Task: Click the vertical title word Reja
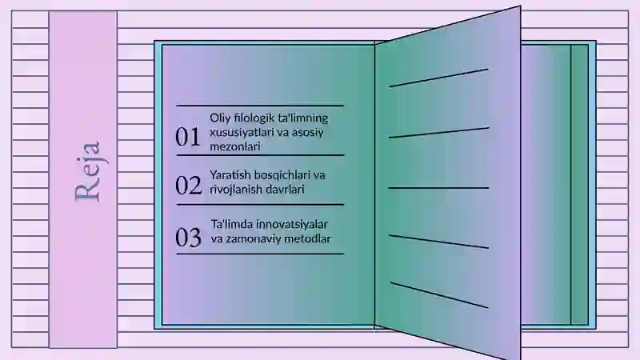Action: [87, 171]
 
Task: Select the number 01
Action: [188, 137]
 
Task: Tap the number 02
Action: [189, 186]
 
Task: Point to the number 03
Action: [189, 237]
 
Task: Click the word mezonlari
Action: [235, 146]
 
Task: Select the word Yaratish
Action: [230, 174]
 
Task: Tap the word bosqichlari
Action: [282, 175]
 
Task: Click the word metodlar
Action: [306, 238]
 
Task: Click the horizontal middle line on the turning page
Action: [438, 188]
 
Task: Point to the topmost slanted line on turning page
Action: [438, 78]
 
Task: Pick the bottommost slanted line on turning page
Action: [439, 294]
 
